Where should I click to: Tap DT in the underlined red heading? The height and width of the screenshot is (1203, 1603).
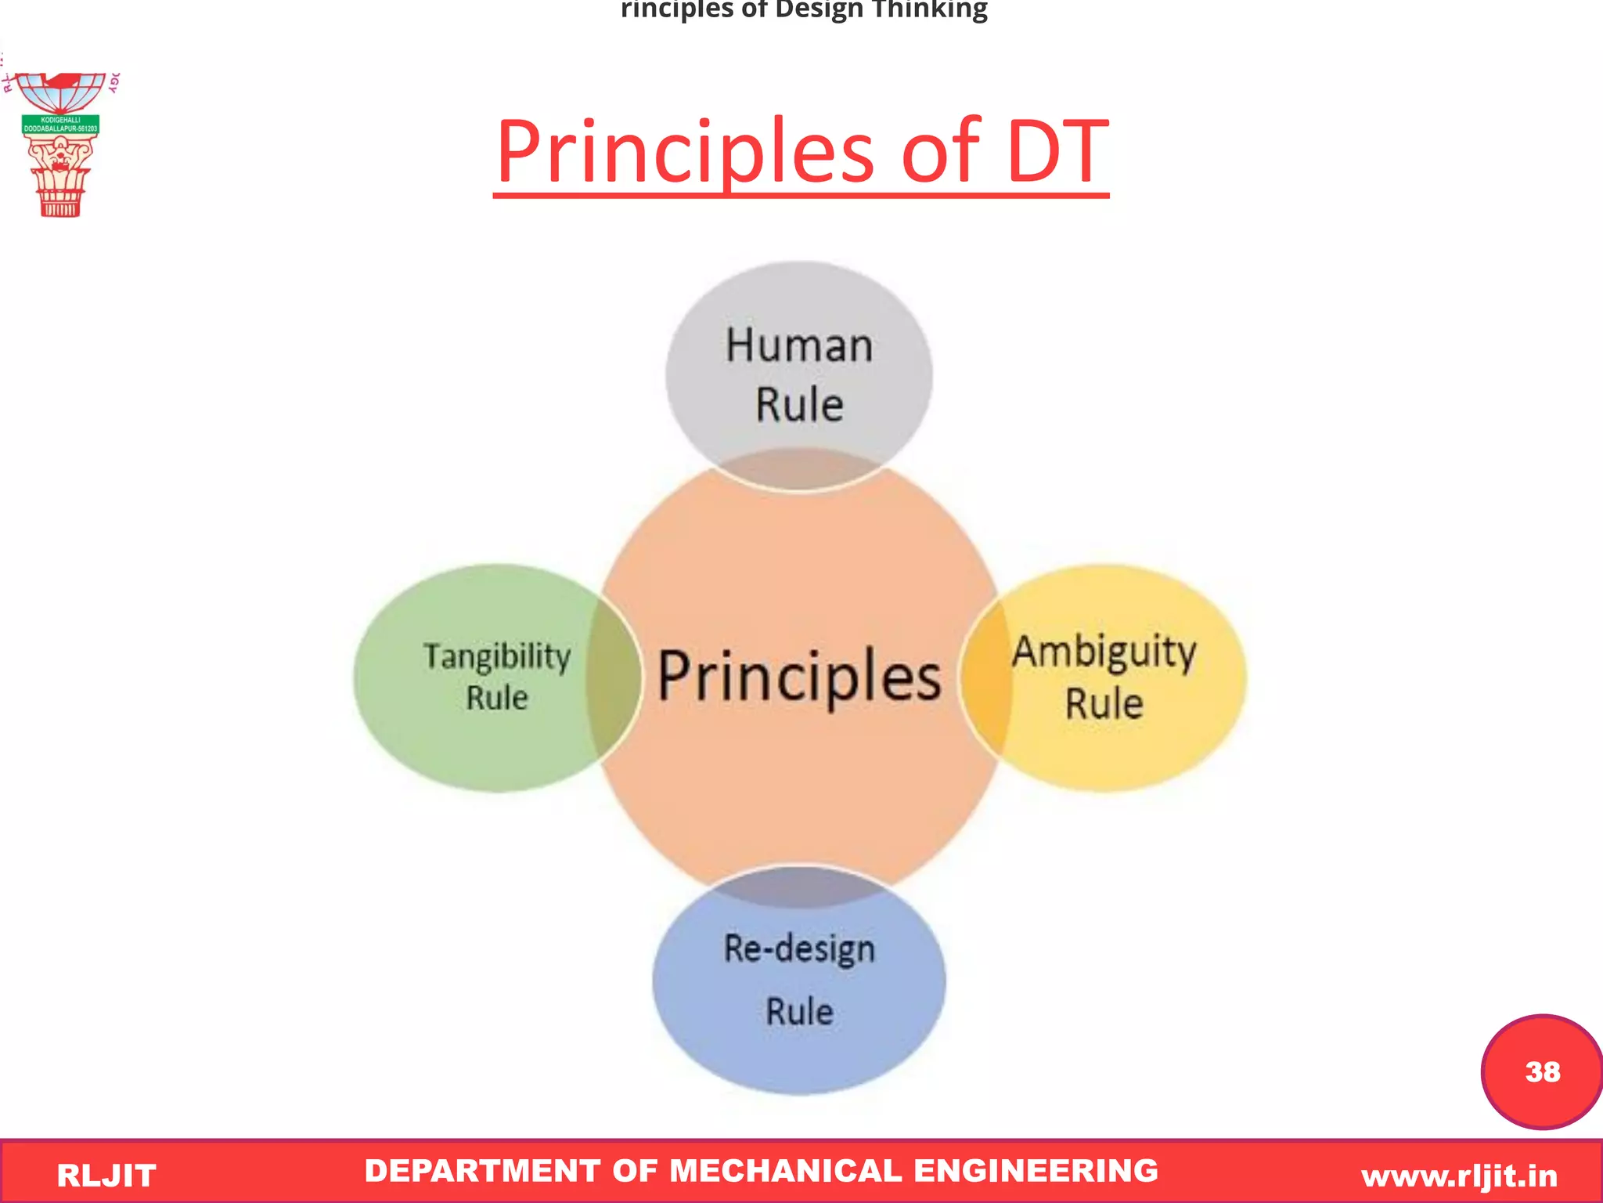coord(1057,153)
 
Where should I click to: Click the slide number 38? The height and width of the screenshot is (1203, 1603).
coord(1542,1071)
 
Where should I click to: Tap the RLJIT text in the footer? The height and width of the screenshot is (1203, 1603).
coord(106,1176)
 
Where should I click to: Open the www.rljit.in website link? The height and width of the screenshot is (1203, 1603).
coord(1459,1176)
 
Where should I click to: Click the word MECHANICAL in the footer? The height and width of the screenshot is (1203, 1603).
coord(786,1171)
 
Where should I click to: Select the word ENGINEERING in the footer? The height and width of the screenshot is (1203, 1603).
coord(1036,1171)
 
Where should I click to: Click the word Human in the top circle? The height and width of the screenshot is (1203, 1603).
coord(799,345)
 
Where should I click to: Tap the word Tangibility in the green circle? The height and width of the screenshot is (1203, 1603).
coord(497,656)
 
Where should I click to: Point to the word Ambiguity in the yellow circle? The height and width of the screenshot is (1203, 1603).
coord(1104,652)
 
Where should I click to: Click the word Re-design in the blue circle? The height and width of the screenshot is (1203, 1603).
coord(799,948)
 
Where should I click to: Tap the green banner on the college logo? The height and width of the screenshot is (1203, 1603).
coord(60,125)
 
